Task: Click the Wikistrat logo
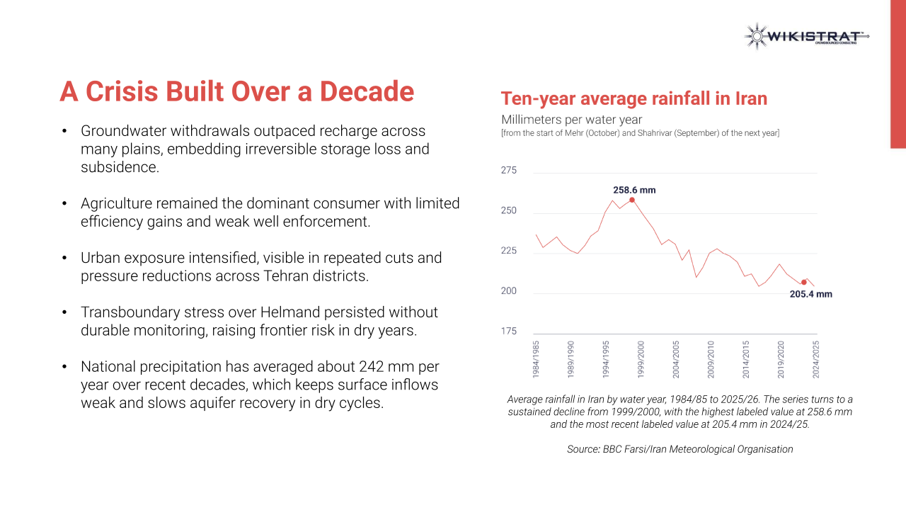pyautogui.click(x=806, y=36)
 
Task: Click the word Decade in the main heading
pyautogui.click(x=367, y=91)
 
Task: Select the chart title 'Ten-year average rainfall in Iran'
pyautogui.click(x=633, y=98)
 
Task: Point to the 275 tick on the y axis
pyautogui.click(x=508, y=171)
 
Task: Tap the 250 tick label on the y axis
pyautogui.click(x=508, y=210)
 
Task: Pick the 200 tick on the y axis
pyautogui.click(x=508, y=291)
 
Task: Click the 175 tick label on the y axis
pyautogui.click(x=508, y=331)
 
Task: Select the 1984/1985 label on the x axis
pyautogui.click(x=536, y=359)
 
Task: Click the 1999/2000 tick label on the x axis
pyautogui.click(x=641, y=359)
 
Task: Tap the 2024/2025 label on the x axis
pyautogui.click(x=816, y=359)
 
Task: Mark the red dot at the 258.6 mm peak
pyautogui.click(x=632, y=200)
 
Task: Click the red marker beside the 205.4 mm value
pyautogui.click(x=803, y=283)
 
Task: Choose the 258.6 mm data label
pyautogui.click(x=634, y=191)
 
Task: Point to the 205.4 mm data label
pyautogui.click(x=811, y=294)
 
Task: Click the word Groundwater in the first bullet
pyautogui.click(x=124, y=131)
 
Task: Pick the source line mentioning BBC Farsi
pyautogui.click(x=680, y=449)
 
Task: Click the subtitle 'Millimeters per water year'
pyautogui.click(x=571, y=120)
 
